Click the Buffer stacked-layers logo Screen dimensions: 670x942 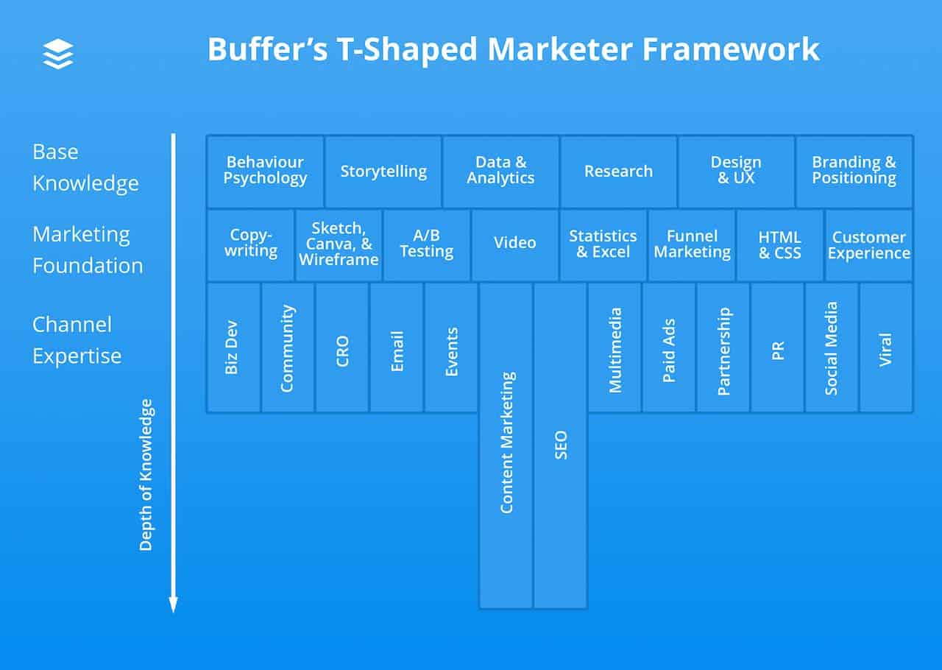pyautogui.click(x=58, y=54)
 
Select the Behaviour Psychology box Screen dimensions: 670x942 pyautogui.click(x=265, y=171)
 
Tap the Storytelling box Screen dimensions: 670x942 pyautogui.click(x=383, y=172)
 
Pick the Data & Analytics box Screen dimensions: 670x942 pyautogui.click(x=500, y=171)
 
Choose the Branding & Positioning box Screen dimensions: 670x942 pyautogui.click(x=854, y=171)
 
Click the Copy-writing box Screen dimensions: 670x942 pyautogui.click(x=250, y=244)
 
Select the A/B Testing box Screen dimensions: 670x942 pyautogui.click(x=426, y=244)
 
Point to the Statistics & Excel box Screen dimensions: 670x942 pyautogui.click(x=603, y=244)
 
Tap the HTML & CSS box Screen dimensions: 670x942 pyautogui.click(x=779, y=244)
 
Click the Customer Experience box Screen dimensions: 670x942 pyautogui.click(x=868, y=245)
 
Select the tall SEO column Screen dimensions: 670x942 pyautogui.click(x=561, y=445)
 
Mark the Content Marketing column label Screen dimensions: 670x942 pyautogui.click(x=506, y=442)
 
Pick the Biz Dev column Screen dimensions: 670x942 pyautogui.click(x=233, y=347)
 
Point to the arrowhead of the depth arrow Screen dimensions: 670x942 pyautogui.click(x=174, y=604)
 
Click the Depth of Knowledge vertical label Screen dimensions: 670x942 pyautogui.click(x=146, y=475)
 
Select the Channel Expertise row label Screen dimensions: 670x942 pyautogui.click(x=77, y=340)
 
